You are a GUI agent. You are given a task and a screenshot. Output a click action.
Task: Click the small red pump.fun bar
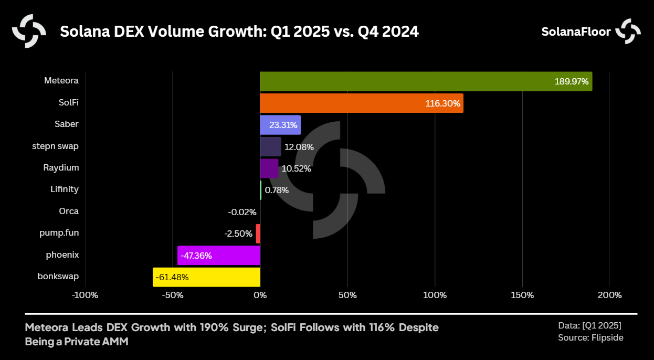coord(258,234)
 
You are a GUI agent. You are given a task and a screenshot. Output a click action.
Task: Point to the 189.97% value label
coord(572,82)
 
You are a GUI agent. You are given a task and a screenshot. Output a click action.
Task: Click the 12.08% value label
coord(299,147)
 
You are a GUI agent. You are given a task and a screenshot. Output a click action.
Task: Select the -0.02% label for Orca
coord(242,212)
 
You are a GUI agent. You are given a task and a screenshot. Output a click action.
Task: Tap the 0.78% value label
coord(277,190)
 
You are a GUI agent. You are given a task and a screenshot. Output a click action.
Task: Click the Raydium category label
coord(61,167)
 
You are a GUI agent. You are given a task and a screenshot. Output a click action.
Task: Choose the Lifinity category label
coord(65,189)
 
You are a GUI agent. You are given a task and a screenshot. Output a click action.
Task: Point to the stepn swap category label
coord(55,146)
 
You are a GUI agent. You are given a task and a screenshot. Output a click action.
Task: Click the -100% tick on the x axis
coord(85,295)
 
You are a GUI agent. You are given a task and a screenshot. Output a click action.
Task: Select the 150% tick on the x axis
coord(522,295)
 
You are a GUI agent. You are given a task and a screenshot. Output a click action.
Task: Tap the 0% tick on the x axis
coord(260,295)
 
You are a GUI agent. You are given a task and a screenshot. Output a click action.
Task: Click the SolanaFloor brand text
coord(576,32)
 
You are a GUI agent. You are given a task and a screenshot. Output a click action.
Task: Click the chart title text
coord(239,32)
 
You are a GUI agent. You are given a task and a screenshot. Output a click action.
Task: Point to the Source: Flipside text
coord(590,337)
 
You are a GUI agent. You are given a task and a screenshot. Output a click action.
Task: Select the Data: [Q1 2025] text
coord(589,325)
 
